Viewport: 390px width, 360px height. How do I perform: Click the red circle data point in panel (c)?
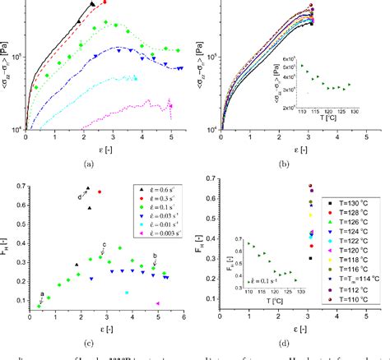click(100, 192)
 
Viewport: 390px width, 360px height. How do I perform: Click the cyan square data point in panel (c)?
click(127, 292)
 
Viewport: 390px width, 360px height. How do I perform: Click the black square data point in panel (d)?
click(310, 258)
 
